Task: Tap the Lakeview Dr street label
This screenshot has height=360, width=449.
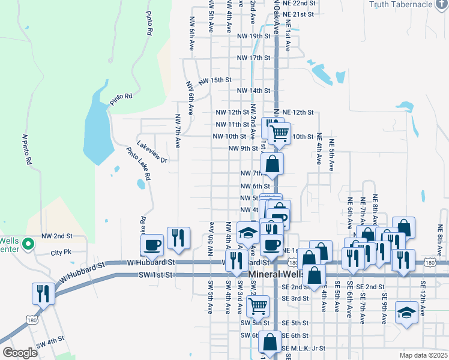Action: (151, 160)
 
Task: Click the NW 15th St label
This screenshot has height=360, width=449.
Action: (215, 80)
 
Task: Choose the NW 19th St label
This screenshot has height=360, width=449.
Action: (255, 36)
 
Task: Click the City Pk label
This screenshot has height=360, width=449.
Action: (61, 253)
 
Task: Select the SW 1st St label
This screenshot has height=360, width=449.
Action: (155, 274)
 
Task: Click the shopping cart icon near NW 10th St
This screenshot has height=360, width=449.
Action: (279, 133)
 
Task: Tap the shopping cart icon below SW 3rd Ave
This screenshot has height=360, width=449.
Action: (258, 306)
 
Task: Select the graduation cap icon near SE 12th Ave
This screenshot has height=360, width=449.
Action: (406, 313)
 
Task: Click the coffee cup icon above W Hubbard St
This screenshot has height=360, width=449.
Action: (152, 245)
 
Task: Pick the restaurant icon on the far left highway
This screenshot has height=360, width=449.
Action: (43, 293)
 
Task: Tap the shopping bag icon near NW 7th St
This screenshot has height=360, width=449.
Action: (272, 164)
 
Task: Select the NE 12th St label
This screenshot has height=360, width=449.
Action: (298, 112)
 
